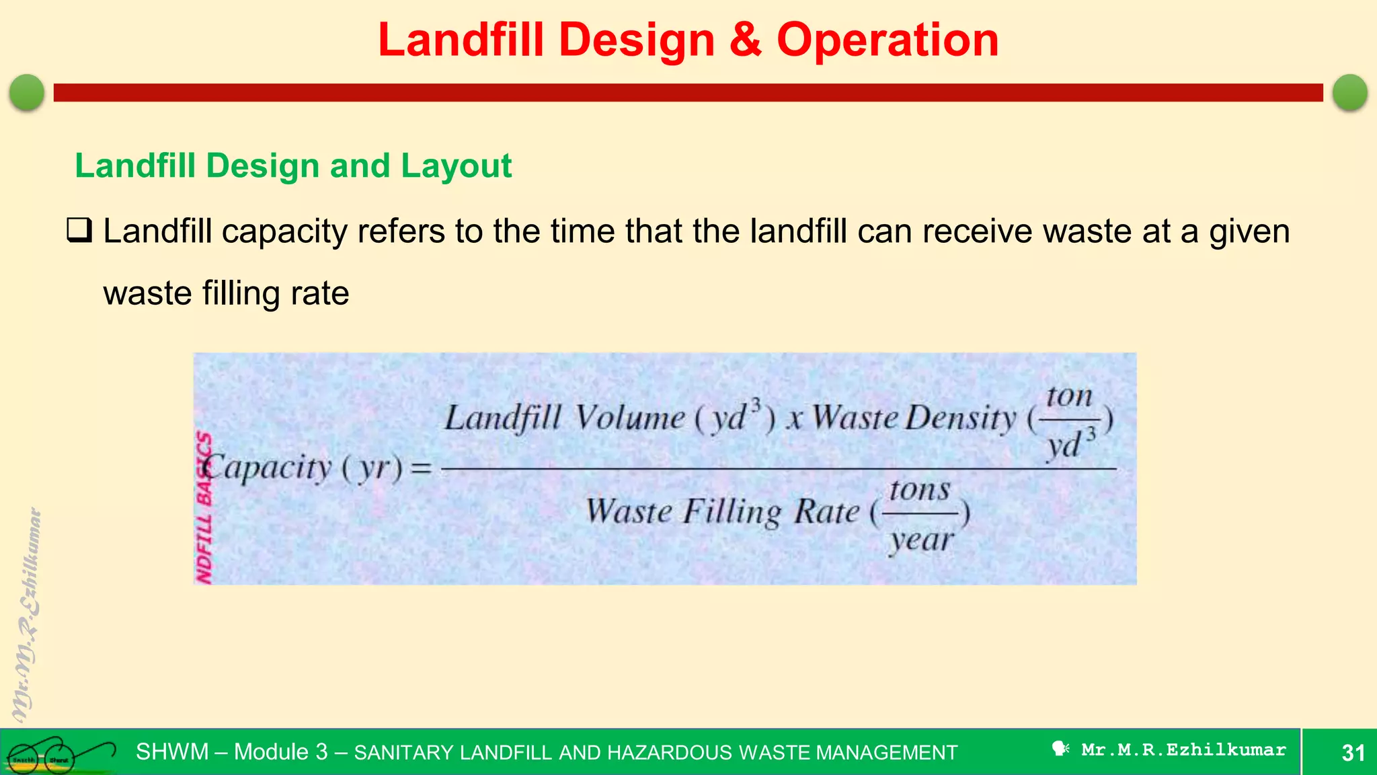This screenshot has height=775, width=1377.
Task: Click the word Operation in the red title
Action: [x=888, y=40]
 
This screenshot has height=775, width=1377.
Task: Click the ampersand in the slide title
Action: [x=745, y=40]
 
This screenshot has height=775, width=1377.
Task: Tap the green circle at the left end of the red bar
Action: [x=27, y=92]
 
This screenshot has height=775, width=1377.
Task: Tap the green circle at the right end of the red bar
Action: [x=1349, y=92]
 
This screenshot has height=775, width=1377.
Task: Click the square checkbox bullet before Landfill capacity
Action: [x=79, y=231]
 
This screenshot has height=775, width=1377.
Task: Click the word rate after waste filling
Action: [x=319, y=294]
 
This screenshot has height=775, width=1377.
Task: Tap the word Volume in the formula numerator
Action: [x=630, y=418]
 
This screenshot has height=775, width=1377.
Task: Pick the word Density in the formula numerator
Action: [x=961, y=418]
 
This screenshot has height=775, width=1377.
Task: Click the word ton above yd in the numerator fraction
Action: [x=1069, y=396]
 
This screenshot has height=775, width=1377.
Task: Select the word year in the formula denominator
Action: [x=921, y=540]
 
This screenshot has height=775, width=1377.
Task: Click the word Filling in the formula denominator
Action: [x=733, y=512]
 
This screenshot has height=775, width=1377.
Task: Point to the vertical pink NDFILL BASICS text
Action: [x=204, y=508]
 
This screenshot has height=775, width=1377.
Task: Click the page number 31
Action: [x=1353, y=753]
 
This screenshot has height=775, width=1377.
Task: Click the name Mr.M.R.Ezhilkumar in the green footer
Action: [x=1183, y=750]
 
